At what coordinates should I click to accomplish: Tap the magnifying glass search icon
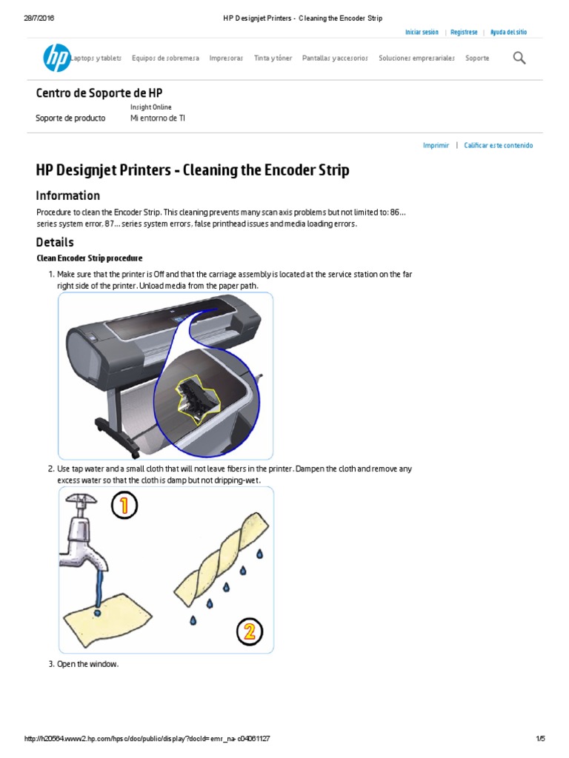pos(519,58)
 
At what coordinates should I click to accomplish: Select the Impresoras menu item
pos(226,58)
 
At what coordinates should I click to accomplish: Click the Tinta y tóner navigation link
pos(273,58)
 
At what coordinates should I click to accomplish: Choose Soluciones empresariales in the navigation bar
pos(416,58)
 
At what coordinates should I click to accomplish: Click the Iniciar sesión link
pos(422,33)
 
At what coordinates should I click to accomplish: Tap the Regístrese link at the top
pos(464,33)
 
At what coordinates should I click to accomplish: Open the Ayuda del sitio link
pos(509,33)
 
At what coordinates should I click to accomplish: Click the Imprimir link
pos(436,146)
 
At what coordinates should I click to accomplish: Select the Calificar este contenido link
pos(498,146)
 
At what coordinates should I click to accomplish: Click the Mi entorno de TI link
pos(158,118)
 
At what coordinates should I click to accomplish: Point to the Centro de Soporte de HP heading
pos(99,93)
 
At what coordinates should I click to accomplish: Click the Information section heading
pos(68,195)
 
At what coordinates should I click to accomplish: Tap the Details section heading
pos(55,242)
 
